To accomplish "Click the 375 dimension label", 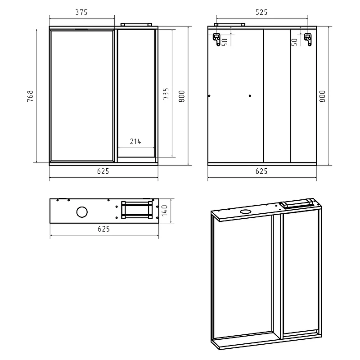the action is point(81,12).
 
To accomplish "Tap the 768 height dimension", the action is point(30,96).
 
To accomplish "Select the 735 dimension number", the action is point(166,94).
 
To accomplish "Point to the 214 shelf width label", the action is point(135,141).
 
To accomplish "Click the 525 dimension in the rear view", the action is point(261,12).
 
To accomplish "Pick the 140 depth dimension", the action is point(164,210).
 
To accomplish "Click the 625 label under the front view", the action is point(103,171).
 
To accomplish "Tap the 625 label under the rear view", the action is point(261,171).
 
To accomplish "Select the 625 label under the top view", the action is point(104,229).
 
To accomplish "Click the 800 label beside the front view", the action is point(182,96).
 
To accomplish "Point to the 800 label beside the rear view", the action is point(322,96).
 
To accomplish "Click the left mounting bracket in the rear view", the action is point(217,40).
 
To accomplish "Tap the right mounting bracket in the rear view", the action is point(308,40).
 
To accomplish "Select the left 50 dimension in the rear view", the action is point(225,42).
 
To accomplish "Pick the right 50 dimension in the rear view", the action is point(294,42).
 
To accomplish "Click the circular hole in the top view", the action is point(82,212).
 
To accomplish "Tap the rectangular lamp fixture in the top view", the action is point(137,210).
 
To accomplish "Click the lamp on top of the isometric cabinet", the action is point(297,203).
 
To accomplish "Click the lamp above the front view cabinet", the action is point(136,25).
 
